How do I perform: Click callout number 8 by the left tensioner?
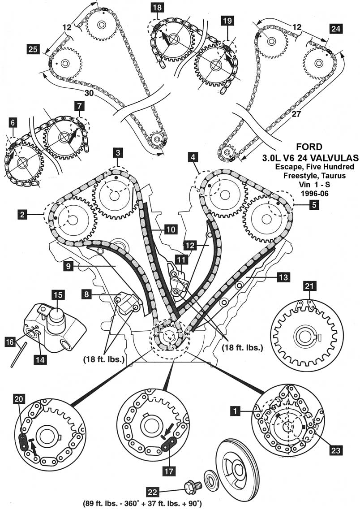tap(88, 294)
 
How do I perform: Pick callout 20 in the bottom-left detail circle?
tap(19, 398)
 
